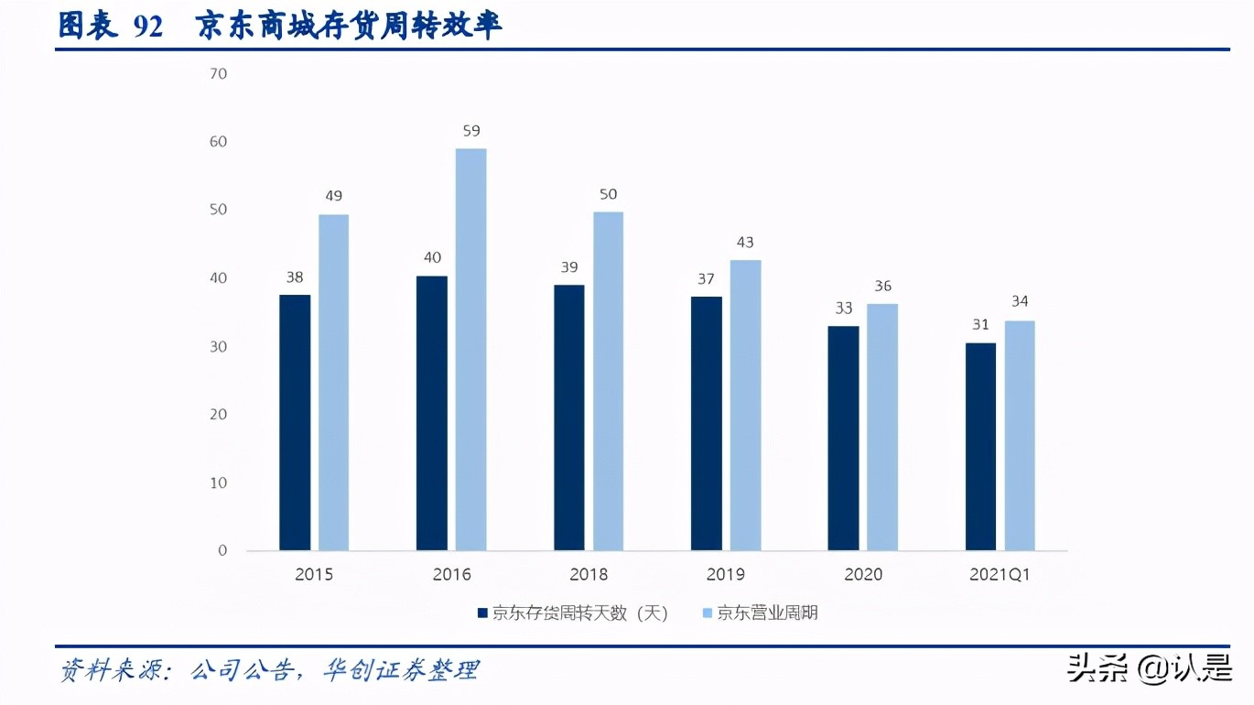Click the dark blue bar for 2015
tap(295, 422)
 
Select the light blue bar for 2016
tap(470, 349)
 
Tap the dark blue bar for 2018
tap(568, 418)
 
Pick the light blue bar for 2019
tap(745, 405)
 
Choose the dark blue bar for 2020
tap(843, 438)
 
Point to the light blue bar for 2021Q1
tap(1020, 435)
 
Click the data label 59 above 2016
tap(471, 131)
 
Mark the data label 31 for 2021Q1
tap(980, 325)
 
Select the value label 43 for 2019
tap(745, 243)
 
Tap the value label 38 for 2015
tap(294, 277)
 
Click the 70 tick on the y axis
tap(218, 73)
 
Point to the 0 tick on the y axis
tap(222, 550)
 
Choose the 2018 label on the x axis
tap(589, 575)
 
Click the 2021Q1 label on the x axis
tap(1000, 575)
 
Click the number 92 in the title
tap(147, 27)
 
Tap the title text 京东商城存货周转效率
tap(349, 26)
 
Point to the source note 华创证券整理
tap(400, 670)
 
